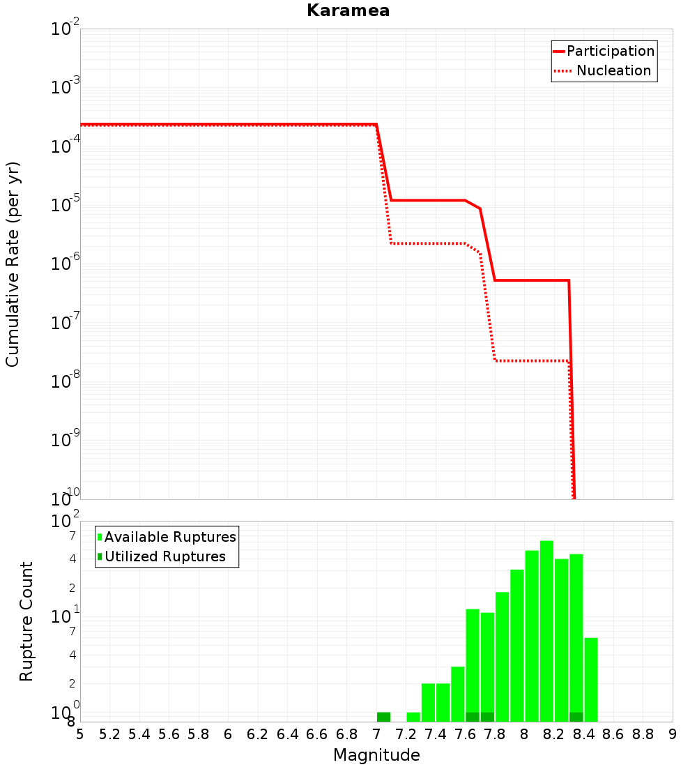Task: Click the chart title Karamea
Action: [348, 10]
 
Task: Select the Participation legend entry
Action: [604, 51]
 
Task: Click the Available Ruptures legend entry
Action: [167, 537]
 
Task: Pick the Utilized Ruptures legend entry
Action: [162, 556]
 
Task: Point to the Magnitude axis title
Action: [376, 755]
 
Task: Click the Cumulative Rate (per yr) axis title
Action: [13, 264]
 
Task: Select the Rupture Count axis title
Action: [26, 622]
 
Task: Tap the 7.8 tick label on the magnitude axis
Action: [494, 734]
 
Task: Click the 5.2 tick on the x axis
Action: [109, 734]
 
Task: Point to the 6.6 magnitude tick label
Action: [317, 734]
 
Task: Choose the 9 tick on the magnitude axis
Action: [673, 734]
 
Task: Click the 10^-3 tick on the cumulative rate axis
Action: [65, 85]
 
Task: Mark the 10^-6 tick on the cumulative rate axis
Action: [65, 261]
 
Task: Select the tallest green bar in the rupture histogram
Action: [546, 631]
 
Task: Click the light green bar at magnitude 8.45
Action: [591, 679]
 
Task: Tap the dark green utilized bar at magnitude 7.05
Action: [383, 717]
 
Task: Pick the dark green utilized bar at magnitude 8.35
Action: [576, 717]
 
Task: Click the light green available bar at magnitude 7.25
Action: [413, 717]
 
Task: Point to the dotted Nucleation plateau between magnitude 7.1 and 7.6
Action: [428, 243]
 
